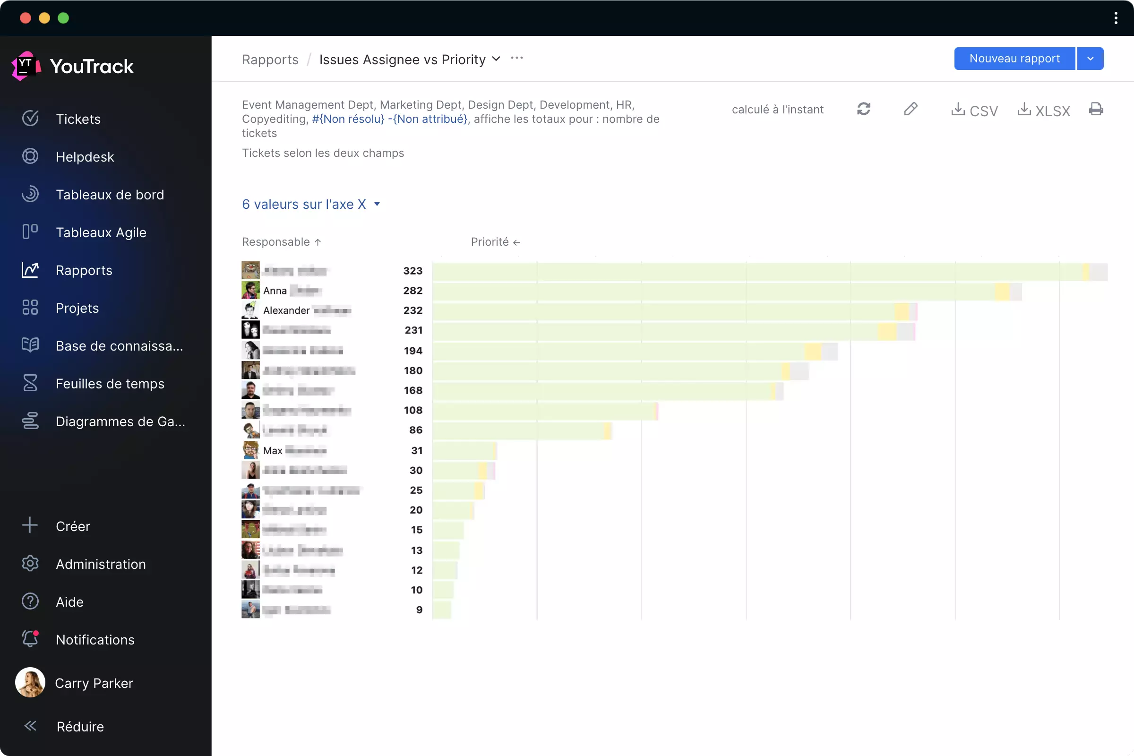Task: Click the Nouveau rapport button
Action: (1014, 58)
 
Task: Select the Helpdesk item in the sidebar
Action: (85, 157)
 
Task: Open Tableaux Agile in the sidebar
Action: (101, 232)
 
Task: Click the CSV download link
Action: (974, 110)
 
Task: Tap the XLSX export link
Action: (1043, 110)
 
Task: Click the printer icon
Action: (1095, 109)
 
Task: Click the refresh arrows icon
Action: (864, 109)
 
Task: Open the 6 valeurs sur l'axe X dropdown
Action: (311, 205)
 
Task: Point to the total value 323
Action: (412, 271)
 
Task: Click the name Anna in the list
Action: (275, 291)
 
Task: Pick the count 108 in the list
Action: (412, 410)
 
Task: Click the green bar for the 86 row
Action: (518, 430)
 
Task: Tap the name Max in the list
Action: (273, 451)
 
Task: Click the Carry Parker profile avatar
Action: (30, 683)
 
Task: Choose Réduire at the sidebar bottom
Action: (80, 727)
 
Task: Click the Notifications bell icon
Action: (30, 639)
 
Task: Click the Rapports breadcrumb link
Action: (270, 60)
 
